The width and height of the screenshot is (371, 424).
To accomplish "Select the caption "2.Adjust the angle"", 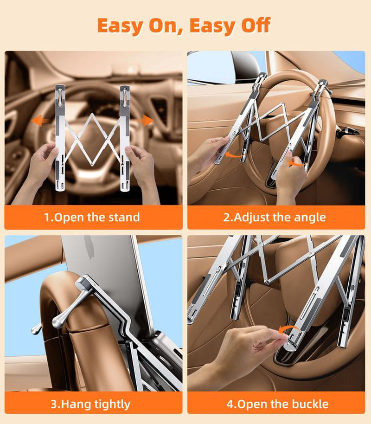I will [275, 217].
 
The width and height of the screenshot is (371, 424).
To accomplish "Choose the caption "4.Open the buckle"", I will [277, 404].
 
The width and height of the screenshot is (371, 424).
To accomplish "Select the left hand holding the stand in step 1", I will [44, 162].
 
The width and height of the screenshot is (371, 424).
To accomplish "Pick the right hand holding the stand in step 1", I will [142, 165].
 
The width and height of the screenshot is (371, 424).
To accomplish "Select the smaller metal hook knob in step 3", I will [35, 329].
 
